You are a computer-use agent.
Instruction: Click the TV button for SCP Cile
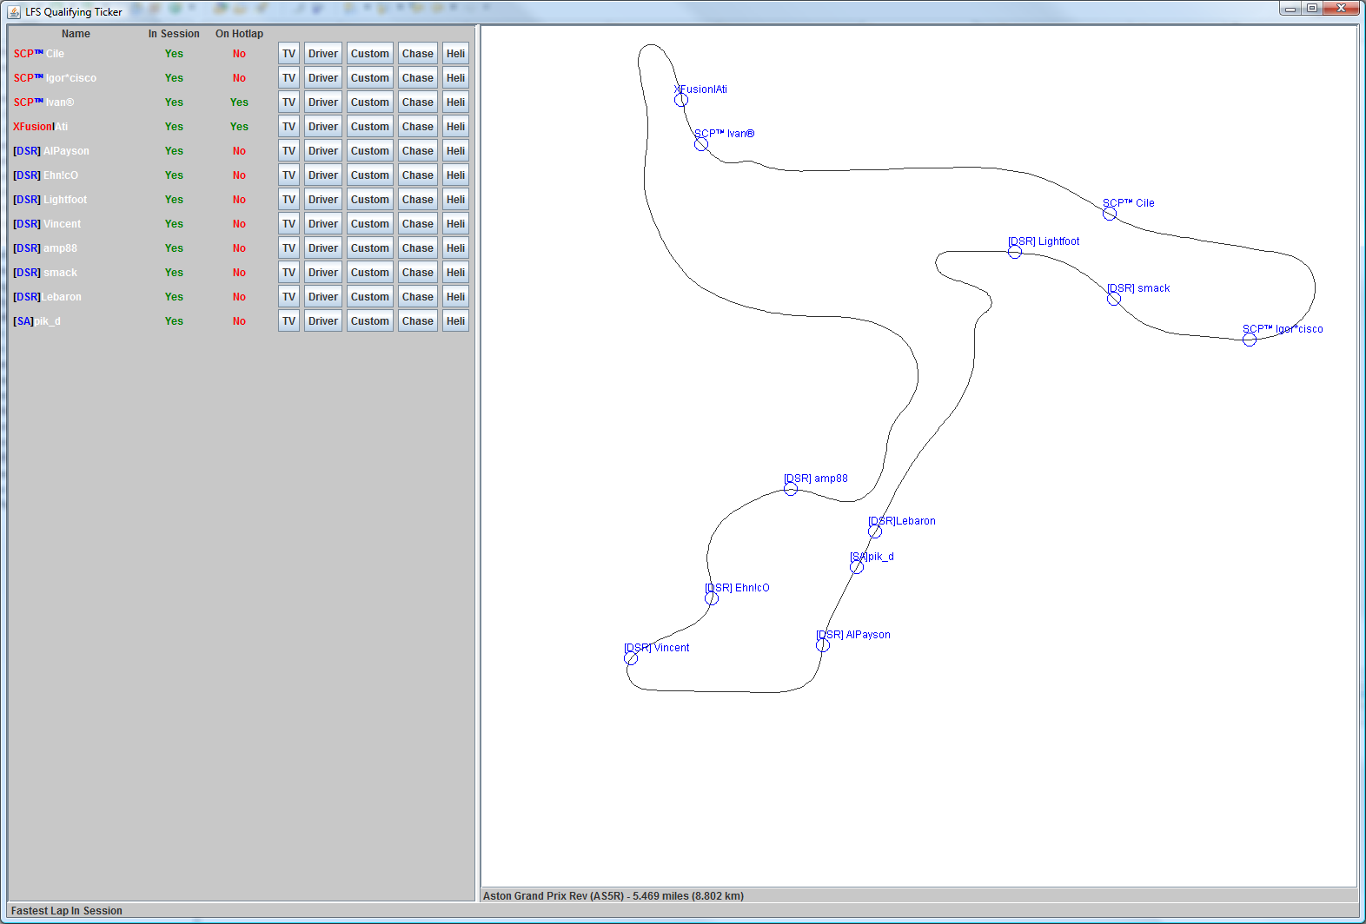point(288,54)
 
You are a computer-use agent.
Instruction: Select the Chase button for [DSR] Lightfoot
point(417,200)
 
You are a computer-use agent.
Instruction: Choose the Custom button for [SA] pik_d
point(369,321)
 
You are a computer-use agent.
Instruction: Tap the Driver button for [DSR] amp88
point(322,248)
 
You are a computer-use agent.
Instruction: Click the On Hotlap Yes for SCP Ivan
point(239,102)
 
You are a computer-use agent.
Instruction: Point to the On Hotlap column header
point(239,34)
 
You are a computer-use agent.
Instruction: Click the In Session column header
point(174,34)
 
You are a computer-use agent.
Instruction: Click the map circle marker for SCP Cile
point(1110,214)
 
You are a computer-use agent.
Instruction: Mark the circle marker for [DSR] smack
point(1114,299)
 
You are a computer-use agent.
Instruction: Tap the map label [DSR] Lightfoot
point(1044,241)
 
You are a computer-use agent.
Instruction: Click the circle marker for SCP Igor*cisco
point(1250,340)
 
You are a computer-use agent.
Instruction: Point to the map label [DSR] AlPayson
point(853,635)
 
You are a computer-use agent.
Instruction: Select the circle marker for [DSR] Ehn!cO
point(712,598)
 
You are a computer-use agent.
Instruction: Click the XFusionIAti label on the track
point(701,89)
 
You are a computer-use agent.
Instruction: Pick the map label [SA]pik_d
point(872,557)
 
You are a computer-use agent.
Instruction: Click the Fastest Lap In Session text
point(67,911)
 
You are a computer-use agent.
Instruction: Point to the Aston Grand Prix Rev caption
point(613,896)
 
